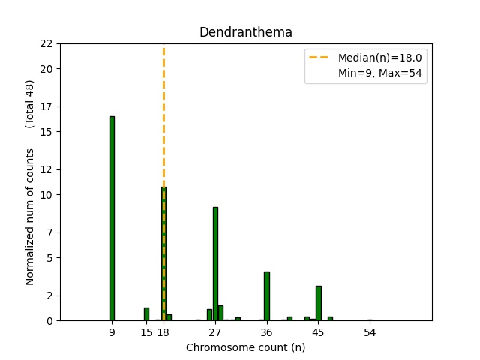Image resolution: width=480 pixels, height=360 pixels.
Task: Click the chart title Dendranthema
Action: [x=245, y=32]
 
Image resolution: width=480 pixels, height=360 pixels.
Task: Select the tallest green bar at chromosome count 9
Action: [x=112, y=218]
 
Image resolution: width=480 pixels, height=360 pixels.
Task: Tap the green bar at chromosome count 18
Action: [x=163, y=255]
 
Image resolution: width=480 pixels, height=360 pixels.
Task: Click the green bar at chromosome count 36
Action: [x=267, y=296]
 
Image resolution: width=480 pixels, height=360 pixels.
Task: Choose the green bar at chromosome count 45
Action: [x=319, y=303]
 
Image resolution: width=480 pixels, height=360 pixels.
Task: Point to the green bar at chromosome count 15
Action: [x=146, y=314]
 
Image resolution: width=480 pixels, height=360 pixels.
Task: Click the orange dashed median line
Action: [x=163, y=112]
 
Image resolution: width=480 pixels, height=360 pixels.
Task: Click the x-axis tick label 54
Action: [x=370, y=331]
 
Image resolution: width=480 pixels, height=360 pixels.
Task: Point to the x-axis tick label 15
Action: [x=146, y=331]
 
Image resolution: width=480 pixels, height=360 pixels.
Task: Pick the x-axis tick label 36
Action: [x=267, y=331]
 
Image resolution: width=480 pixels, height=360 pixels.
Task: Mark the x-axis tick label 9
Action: [x=112, y=331]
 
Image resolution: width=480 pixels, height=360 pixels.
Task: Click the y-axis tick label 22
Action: [x=46, y=43]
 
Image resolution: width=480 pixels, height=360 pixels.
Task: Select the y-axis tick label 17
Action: [x=46, y=106]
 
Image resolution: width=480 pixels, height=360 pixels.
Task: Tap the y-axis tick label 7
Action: [x=49, y=232]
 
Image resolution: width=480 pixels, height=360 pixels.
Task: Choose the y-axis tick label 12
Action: [x=46, y=169]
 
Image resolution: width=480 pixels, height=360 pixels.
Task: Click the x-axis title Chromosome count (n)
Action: [x=245, y=347]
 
